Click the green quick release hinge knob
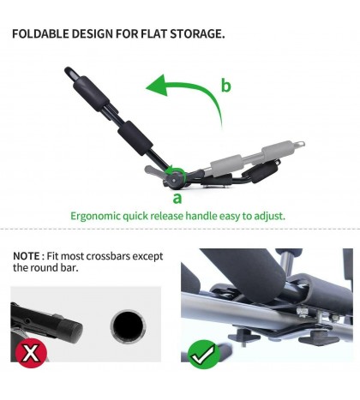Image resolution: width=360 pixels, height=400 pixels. click(176, 177)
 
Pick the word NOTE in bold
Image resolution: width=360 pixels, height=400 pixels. click(27, 255)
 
